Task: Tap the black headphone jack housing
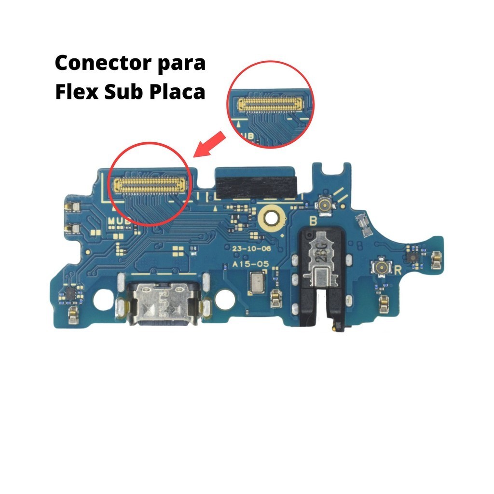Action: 322,275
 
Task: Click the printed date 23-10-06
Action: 251,249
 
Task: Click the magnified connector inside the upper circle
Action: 268,102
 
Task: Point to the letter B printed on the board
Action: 313,222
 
